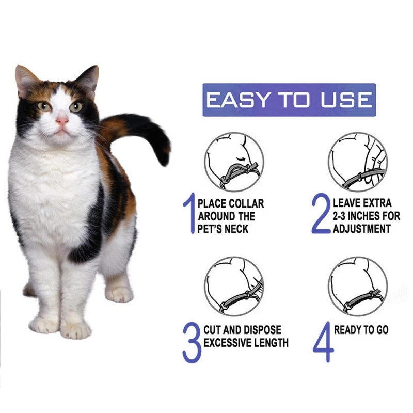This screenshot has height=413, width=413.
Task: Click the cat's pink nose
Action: point(62,121)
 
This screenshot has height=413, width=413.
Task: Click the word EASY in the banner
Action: point(236,100)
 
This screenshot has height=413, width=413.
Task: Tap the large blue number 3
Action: point(191,342)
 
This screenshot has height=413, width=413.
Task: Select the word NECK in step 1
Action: point(237,229)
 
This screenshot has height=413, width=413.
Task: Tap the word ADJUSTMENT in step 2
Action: point(362,229)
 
